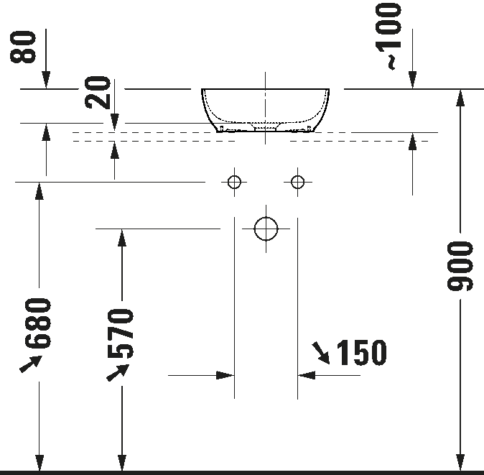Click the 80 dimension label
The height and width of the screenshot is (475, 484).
click(23, 47)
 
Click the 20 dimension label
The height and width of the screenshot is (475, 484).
click(98, 93)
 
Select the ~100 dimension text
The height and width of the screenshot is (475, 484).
click(388, 36)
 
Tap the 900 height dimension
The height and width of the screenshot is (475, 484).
click(460, 266)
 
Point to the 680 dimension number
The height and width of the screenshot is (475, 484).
click(38, 323)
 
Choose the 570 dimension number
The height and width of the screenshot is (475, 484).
click(121, 333)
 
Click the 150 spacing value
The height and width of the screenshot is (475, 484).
click(361, 352)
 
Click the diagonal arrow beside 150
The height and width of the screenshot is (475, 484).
click(321, 353)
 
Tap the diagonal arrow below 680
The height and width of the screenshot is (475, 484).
click(31, 364)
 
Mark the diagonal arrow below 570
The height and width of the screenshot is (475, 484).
click(118, 372)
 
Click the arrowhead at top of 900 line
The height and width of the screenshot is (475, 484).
click(460, 98)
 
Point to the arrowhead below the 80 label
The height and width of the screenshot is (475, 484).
click(46, 80)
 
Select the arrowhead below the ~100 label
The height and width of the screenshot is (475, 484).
click(412, 80)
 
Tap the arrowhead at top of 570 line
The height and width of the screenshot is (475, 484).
click(122, 238)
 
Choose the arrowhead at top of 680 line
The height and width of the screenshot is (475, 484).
click(39, 191)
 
